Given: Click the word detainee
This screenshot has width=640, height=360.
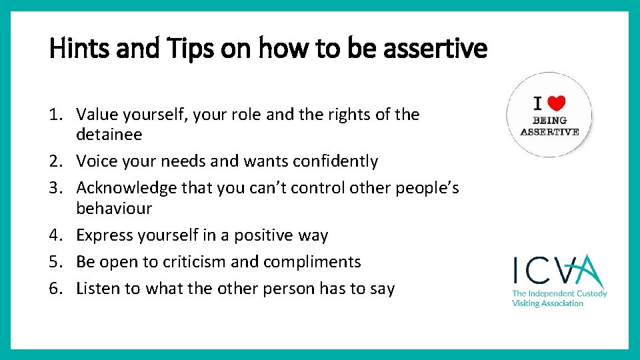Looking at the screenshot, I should [109, 135].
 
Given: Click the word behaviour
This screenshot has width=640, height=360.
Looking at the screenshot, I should [114, 209].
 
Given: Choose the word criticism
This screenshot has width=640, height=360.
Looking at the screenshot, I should [195, 262].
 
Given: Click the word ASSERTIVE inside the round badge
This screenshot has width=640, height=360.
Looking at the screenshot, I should [549, 131].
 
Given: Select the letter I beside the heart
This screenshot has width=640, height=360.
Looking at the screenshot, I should [538, 103].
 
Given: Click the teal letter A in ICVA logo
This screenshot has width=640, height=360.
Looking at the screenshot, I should [587, 271].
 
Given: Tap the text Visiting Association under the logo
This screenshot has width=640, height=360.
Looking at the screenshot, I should [547, 303].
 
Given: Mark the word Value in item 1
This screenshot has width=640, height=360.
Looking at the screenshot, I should [97, 115].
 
